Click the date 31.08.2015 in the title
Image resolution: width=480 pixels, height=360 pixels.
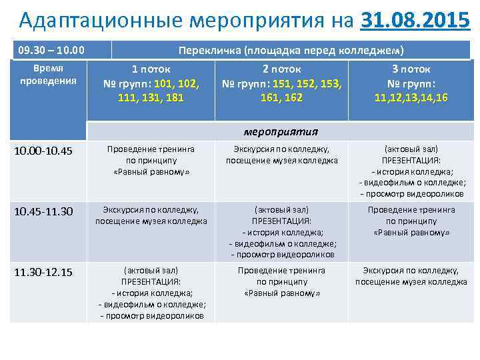pos(414,21)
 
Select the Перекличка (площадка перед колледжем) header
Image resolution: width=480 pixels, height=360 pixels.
pos(290,50)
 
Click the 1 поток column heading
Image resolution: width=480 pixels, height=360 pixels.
pos(151,69)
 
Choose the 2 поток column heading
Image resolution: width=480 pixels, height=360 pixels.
pos(281,69)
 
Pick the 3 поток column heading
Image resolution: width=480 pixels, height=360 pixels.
pos(411,69)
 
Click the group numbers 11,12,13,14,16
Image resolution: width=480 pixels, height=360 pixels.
pos(411,98)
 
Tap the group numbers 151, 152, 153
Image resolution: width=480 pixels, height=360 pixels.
pos(281,84)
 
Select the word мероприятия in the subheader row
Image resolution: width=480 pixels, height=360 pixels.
pos(281,131)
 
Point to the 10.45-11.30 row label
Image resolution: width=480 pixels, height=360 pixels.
pos(43,211)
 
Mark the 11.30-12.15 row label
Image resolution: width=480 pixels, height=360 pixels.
pos(43,272)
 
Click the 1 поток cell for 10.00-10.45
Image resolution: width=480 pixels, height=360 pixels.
pos(151,161)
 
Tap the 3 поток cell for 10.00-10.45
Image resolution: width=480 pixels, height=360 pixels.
pos(411,171)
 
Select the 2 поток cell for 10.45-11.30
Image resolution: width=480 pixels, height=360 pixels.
pos(282,232)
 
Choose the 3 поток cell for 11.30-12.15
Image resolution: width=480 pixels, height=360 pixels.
pos(411,276)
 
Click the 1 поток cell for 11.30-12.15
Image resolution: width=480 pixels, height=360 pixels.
pos(151,293)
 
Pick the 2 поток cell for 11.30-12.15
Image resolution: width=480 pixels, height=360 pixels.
pos(282,282)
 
